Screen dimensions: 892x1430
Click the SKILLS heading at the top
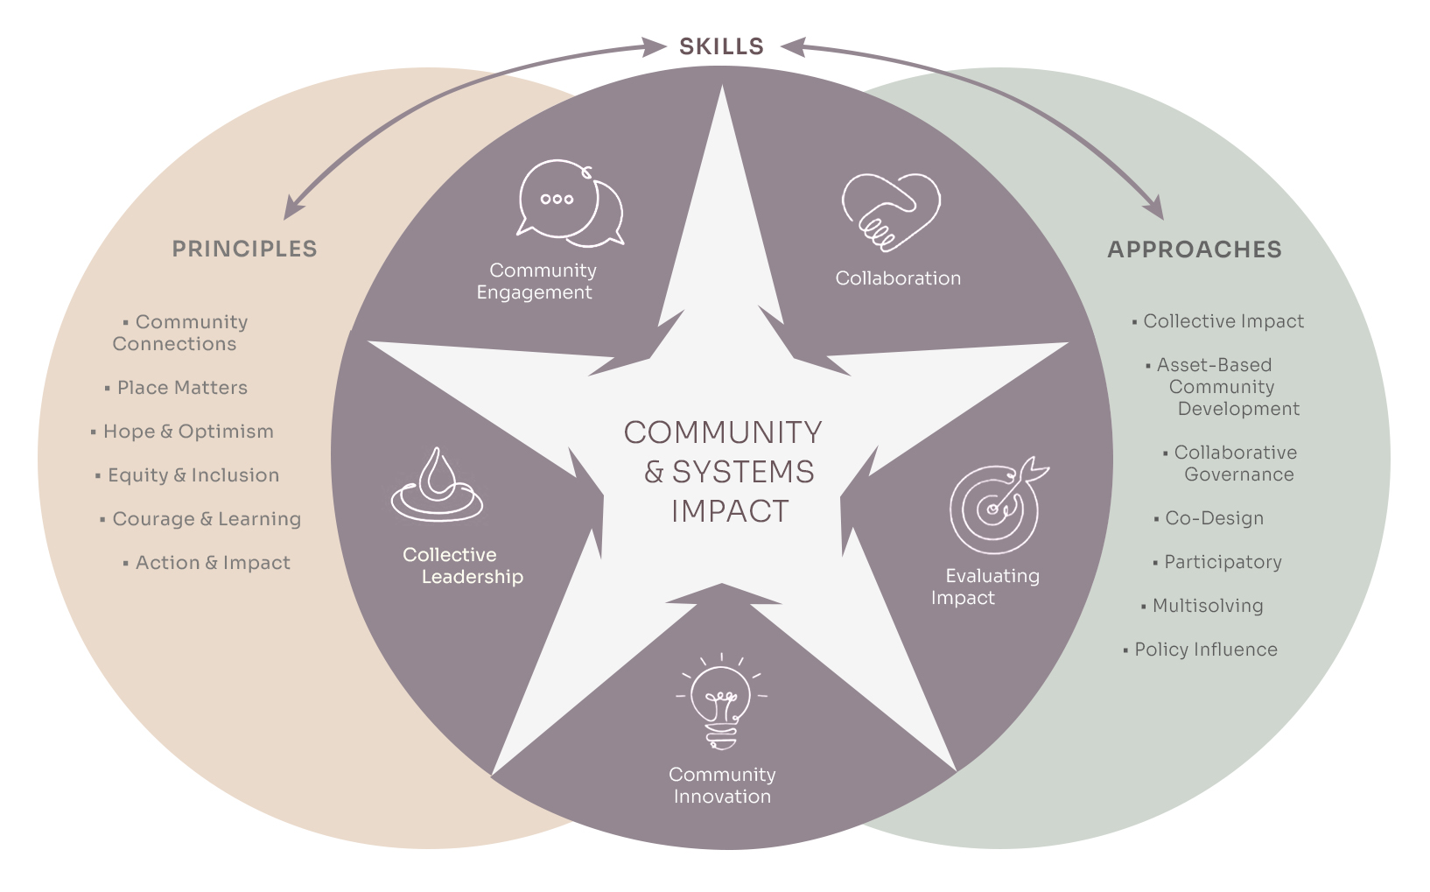click(x=721, y=46)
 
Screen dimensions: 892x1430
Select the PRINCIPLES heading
click(x=244, y=249)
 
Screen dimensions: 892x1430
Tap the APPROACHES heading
click(x=1194, y=249)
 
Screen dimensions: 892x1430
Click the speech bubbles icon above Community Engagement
click(x=569, y=203)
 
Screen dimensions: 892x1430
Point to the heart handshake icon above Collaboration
click(x=890, y=211)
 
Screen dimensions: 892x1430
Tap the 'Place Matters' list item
click(x=182, y=388)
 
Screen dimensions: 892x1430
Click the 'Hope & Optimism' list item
click(x=188, y=432)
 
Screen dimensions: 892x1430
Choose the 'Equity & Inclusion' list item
click(x=193, y=475)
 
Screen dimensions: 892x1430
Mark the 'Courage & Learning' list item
click(x=207, y=519)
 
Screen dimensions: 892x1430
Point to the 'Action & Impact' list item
click(x=213, y=563)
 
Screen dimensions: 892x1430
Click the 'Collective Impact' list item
click(x=1223, y=321)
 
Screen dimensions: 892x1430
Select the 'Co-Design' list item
click(x=1214, y=518)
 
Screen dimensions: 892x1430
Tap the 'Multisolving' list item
click(x=1207, y=606)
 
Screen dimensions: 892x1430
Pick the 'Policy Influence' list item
click(x=1205, y=650)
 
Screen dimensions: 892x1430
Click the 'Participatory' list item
click(x=1223, y=562)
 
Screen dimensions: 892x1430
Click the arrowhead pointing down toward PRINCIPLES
click(x=291, y=209)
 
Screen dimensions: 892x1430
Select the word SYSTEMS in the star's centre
click(x=743, y=472)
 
